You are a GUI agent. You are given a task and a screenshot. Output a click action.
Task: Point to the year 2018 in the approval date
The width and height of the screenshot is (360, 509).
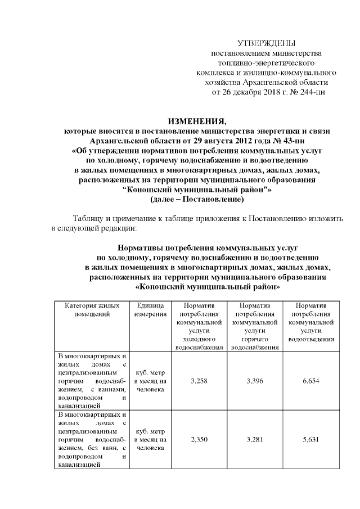(264, 92)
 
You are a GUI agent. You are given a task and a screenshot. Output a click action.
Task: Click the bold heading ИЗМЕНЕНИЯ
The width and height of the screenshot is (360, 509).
(194, 121)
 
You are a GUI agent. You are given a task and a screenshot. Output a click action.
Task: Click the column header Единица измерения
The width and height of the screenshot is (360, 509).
(150, 310)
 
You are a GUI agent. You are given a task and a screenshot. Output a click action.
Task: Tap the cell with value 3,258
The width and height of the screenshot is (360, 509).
(200, 381)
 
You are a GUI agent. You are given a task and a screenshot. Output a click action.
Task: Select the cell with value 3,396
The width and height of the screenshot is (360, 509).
(255, 381)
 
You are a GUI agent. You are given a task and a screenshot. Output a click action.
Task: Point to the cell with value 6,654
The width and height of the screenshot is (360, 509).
(311, 381)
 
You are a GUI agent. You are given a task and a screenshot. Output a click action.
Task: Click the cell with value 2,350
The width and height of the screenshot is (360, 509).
(200, 440)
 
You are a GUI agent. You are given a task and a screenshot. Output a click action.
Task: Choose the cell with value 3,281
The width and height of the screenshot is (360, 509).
(255, 440)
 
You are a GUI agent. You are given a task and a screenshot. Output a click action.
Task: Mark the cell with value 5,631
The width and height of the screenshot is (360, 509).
(311, 440)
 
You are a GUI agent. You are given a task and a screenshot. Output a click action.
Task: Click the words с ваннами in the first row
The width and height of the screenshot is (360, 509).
(103, 388)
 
